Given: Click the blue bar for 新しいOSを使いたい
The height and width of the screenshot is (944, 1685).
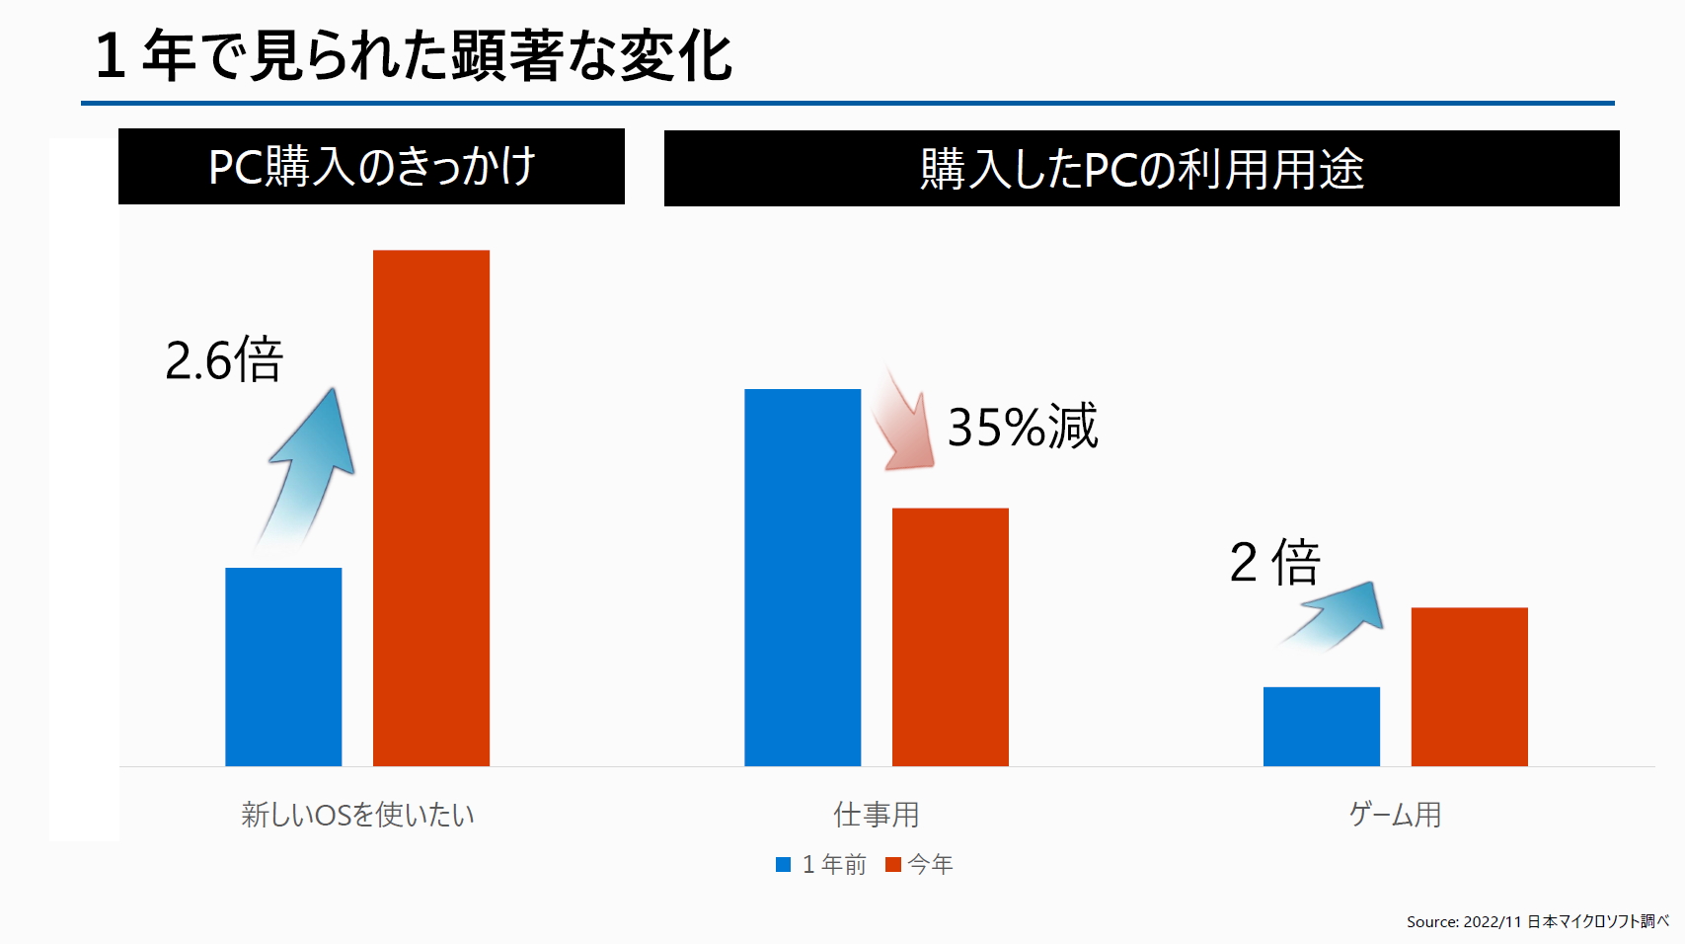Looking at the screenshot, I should coord(283,667).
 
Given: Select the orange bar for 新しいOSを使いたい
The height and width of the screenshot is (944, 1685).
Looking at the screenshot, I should coord(430,508).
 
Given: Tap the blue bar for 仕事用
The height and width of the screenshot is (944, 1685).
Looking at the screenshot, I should coord(803,577).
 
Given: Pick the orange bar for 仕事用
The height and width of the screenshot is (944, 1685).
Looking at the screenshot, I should coord(950,637).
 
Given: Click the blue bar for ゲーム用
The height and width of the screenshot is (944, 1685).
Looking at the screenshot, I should coord(1321,726).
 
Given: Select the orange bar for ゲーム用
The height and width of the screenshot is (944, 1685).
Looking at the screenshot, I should coord(1469,686).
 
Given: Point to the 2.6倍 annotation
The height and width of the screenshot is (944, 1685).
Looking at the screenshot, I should coord(224,359).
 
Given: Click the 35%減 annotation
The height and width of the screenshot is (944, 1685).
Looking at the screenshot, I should coord(1023,427).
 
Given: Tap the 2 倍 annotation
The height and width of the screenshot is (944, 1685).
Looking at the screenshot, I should coord(1274,562).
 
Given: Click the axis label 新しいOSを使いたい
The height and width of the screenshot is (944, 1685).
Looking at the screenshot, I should coord(357,815).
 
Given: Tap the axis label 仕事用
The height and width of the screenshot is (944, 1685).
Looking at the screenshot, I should coord(877,815).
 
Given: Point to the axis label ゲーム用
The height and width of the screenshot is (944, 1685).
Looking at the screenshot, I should coord(1395,815).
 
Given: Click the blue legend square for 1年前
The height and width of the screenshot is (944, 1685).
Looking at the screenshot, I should coord(784,865).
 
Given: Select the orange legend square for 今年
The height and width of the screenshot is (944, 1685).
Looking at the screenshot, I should coord(893,865).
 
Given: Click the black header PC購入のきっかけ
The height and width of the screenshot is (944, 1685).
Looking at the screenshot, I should coord(371,166).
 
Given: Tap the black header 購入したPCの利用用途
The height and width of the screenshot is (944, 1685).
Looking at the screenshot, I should coord(1141,168).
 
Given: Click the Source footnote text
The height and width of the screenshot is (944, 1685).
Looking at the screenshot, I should coord(1537,921).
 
